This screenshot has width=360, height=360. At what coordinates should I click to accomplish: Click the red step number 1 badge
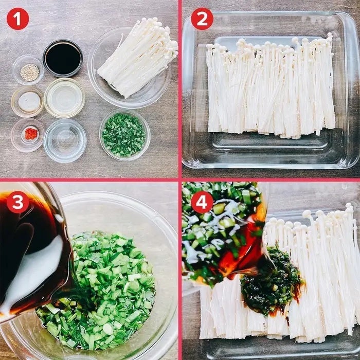[x=17, y=19]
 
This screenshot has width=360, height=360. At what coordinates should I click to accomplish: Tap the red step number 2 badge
[x=202, y=19]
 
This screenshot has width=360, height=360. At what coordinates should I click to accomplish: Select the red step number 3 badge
[x=17, y=202]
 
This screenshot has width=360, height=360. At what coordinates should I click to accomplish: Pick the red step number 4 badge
[x=202, y=202]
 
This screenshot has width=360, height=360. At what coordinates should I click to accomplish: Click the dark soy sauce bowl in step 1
[x=63, y=58]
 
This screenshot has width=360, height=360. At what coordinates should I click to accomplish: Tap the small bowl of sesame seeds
[x=28, y=70]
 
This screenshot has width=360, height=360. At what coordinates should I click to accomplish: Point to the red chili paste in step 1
[x=31, y=134]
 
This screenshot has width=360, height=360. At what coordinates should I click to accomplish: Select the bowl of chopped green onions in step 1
[x=124, y=135]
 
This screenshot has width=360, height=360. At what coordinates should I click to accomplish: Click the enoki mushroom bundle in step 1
[x=138, y=58]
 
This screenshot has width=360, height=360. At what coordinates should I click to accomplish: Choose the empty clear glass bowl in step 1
[x=65, y=140]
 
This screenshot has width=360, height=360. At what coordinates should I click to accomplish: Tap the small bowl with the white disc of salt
[x=28, y=102]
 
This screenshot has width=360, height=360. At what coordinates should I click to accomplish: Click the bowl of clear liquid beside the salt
[x=64, y=98]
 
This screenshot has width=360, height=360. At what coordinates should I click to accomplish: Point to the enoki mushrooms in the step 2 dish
[x=271, y=87]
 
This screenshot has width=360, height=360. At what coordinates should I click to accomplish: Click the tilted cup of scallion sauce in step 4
[x=224, y=232]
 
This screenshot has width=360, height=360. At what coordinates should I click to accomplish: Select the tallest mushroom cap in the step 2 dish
[x=330, y=35]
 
